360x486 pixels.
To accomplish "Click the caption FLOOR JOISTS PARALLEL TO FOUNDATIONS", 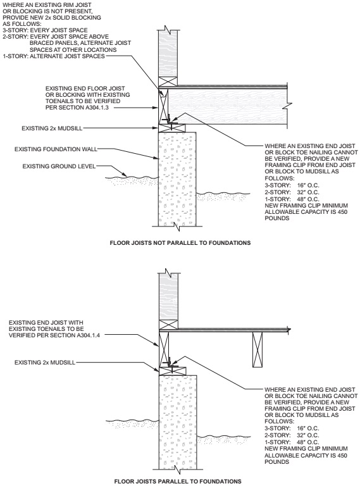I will pos(180,481).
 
